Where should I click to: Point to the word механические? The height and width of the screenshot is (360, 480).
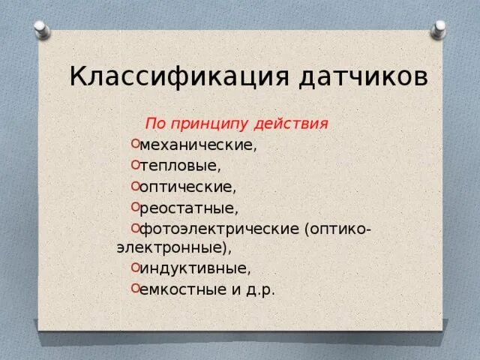coord(197,144)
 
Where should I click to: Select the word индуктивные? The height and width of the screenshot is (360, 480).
coord(194,267)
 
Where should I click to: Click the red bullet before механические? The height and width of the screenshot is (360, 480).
coord(133,142)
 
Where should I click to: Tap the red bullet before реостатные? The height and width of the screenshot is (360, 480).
coord(133,205)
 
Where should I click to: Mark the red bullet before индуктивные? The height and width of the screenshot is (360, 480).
coord(133,265)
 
